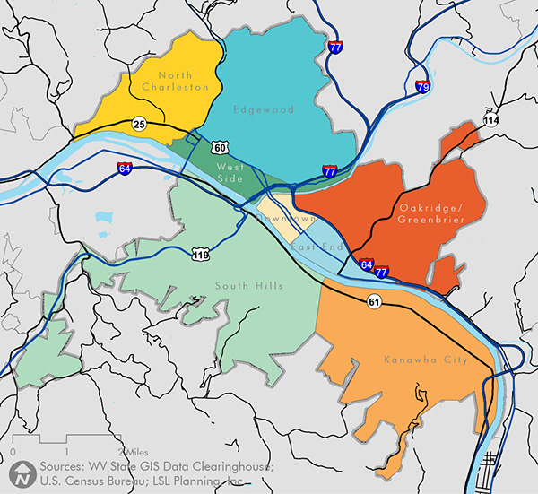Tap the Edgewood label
coord(251,110)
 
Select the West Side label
coord(230,173)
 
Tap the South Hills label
coord(248,286)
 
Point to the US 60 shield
coord(221,147)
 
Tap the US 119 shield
coord(202,256)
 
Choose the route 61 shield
coord(374,302)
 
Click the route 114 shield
coord(490,119)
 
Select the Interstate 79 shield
coord(422,87)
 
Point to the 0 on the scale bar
coord(13,450)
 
